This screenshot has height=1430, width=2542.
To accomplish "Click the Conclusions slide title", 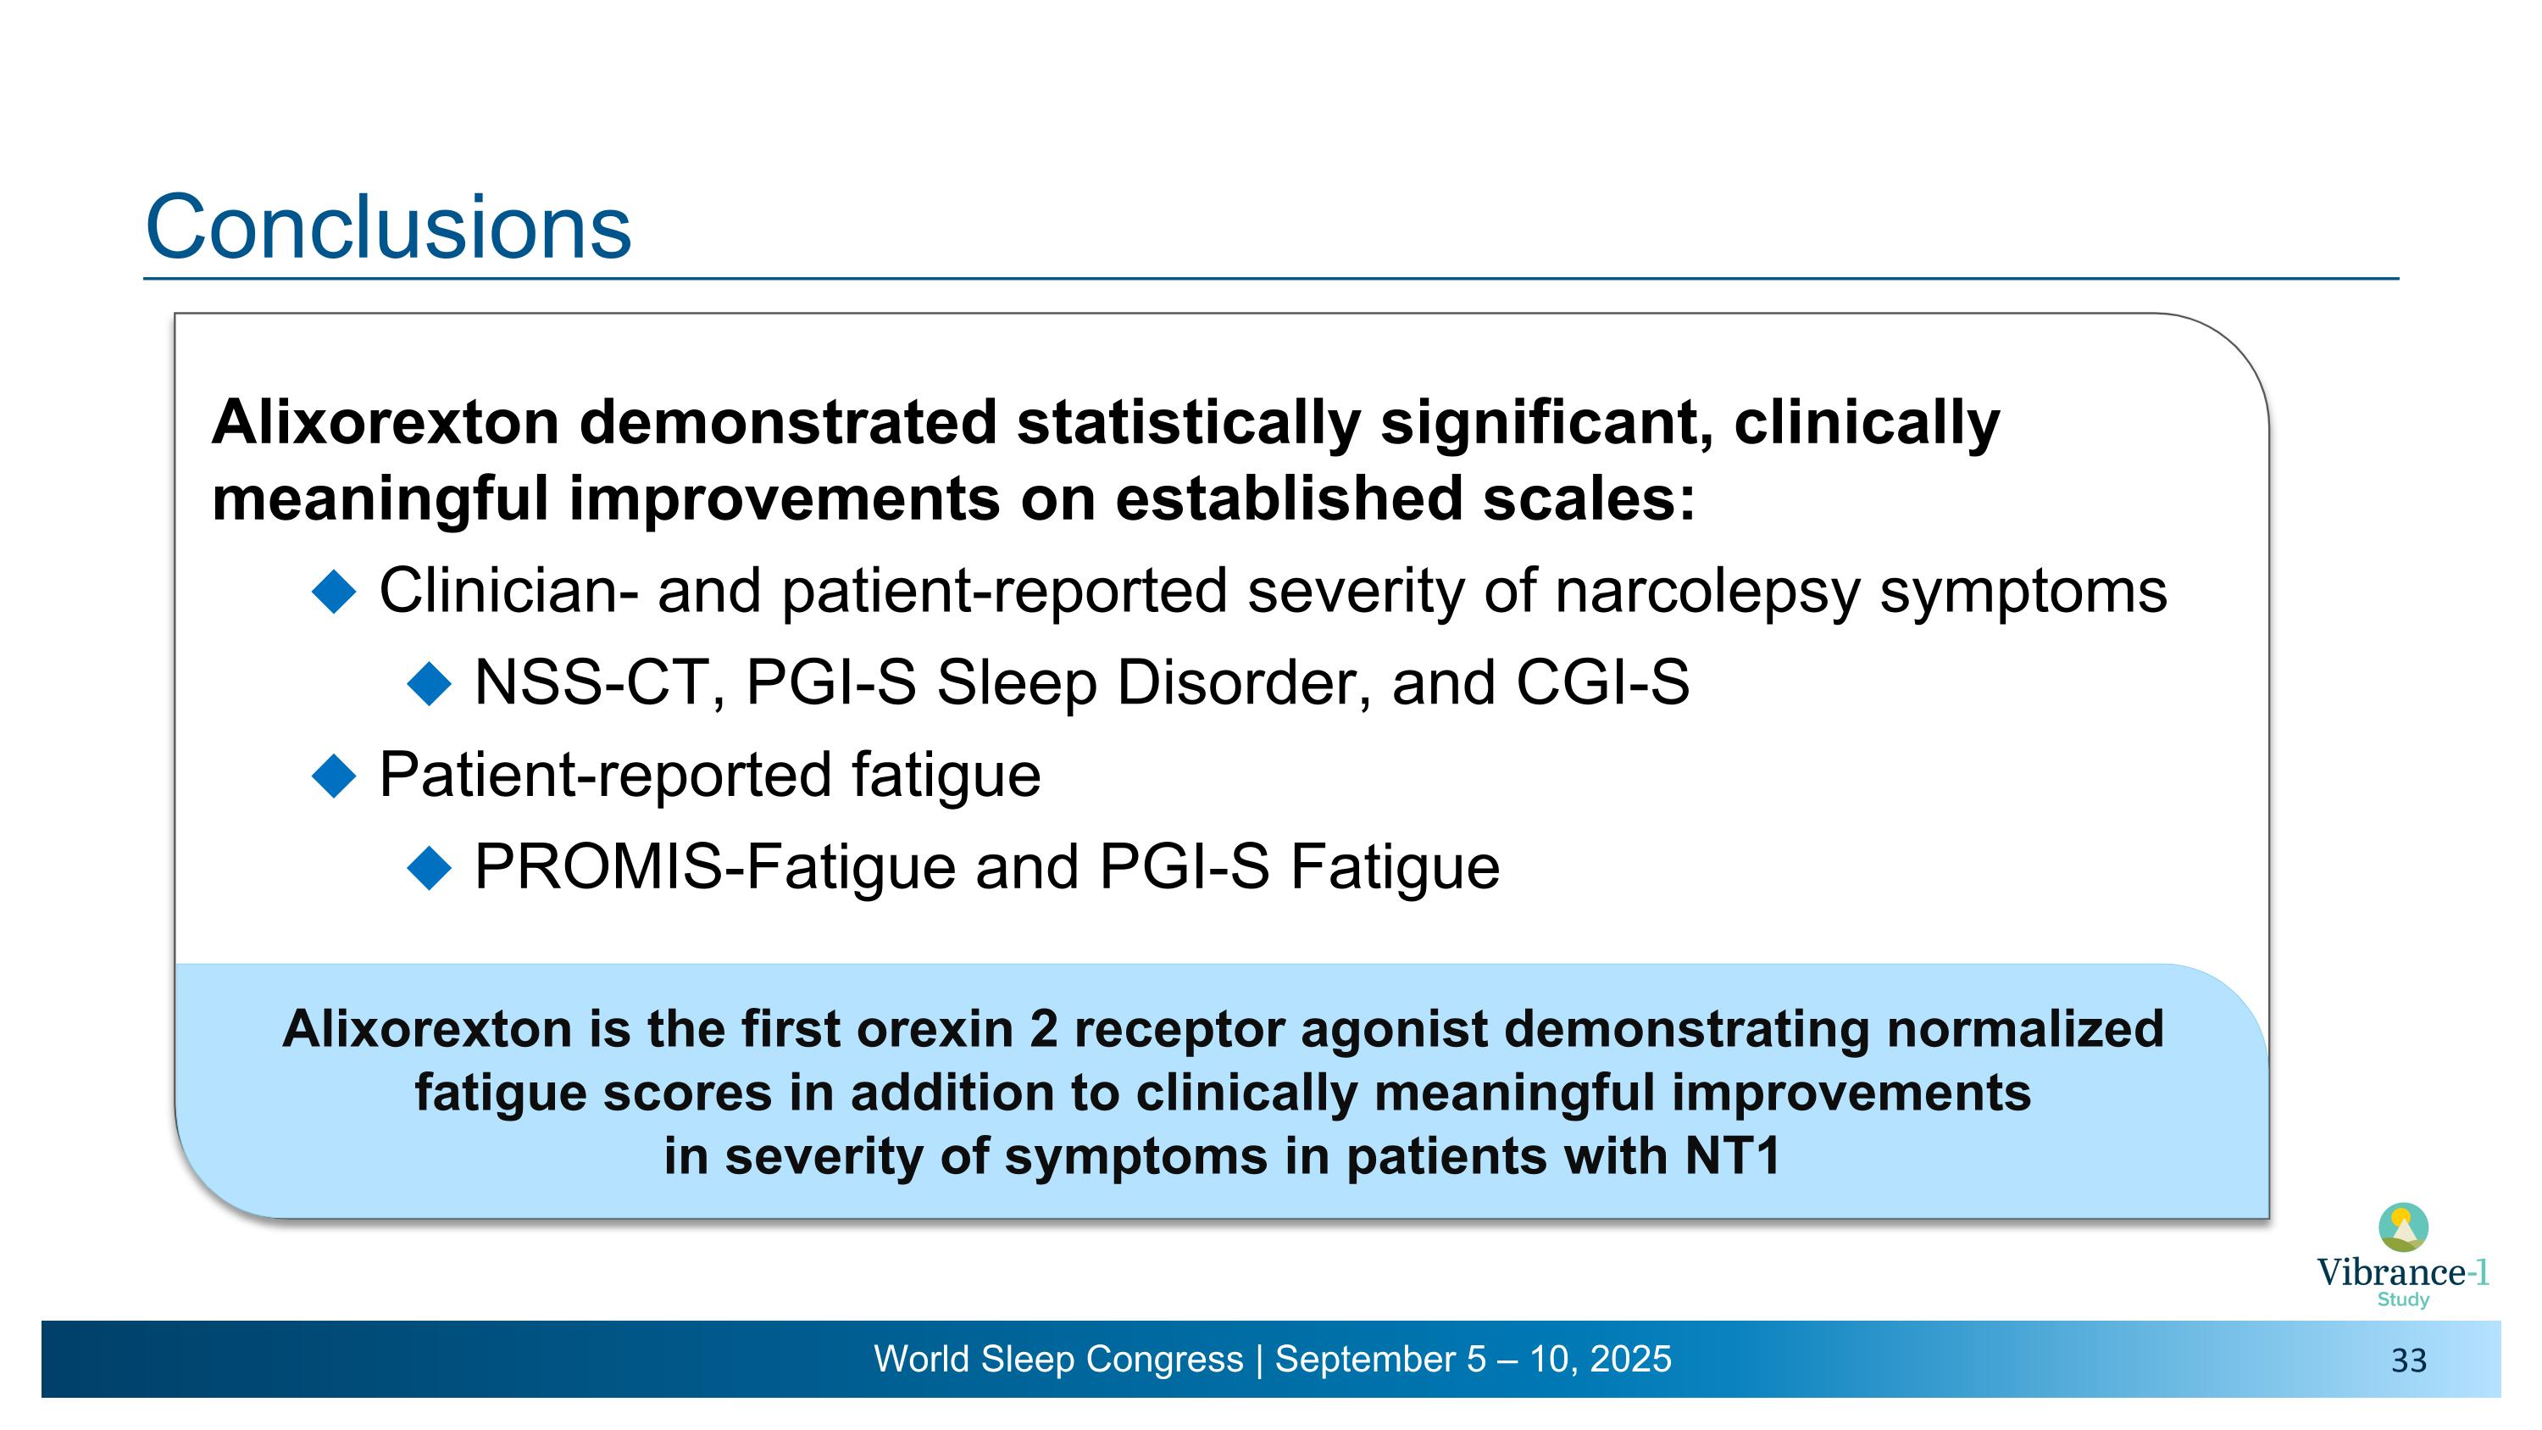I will pyautogui.click(x=388, y=227).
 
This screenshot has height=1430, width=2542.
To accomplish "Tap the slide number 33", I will pyautogui.click(x=2408, y=1361).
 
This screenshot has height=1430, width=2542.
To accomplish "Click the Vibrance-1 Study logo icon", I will pyautogui.click(x=2403, y=1227).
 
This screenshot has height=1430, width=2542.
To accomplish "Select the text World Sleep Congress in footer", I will pyautogui.click(x=1057, y=1359).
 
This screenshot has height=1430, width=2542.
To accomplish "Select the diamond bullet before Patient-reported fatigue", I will pyautogui.click(x=334, y=776).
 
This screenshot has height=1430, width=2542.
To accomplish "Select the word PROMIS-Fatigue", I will pyautogui.click(x=714, y=866).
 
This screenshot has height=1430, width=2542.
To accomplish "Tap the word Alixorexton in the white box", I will pyautogui.click(x=386, y=422).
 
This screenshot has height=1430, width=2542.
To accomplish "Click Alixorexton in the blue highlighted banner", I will pyautogui.click(x=426, y=1029).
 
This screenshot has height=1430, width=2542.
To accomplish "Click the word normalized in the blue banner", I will pyautogui.click(x=2025, y=1029).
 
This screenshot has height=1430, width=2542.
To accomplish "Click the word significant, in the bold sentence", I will pyautogui.click(x=1546, y=422).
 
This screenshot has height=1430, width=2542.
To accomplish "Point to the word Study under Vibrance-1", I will pyautogui.click(x=2403, y=1299).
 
